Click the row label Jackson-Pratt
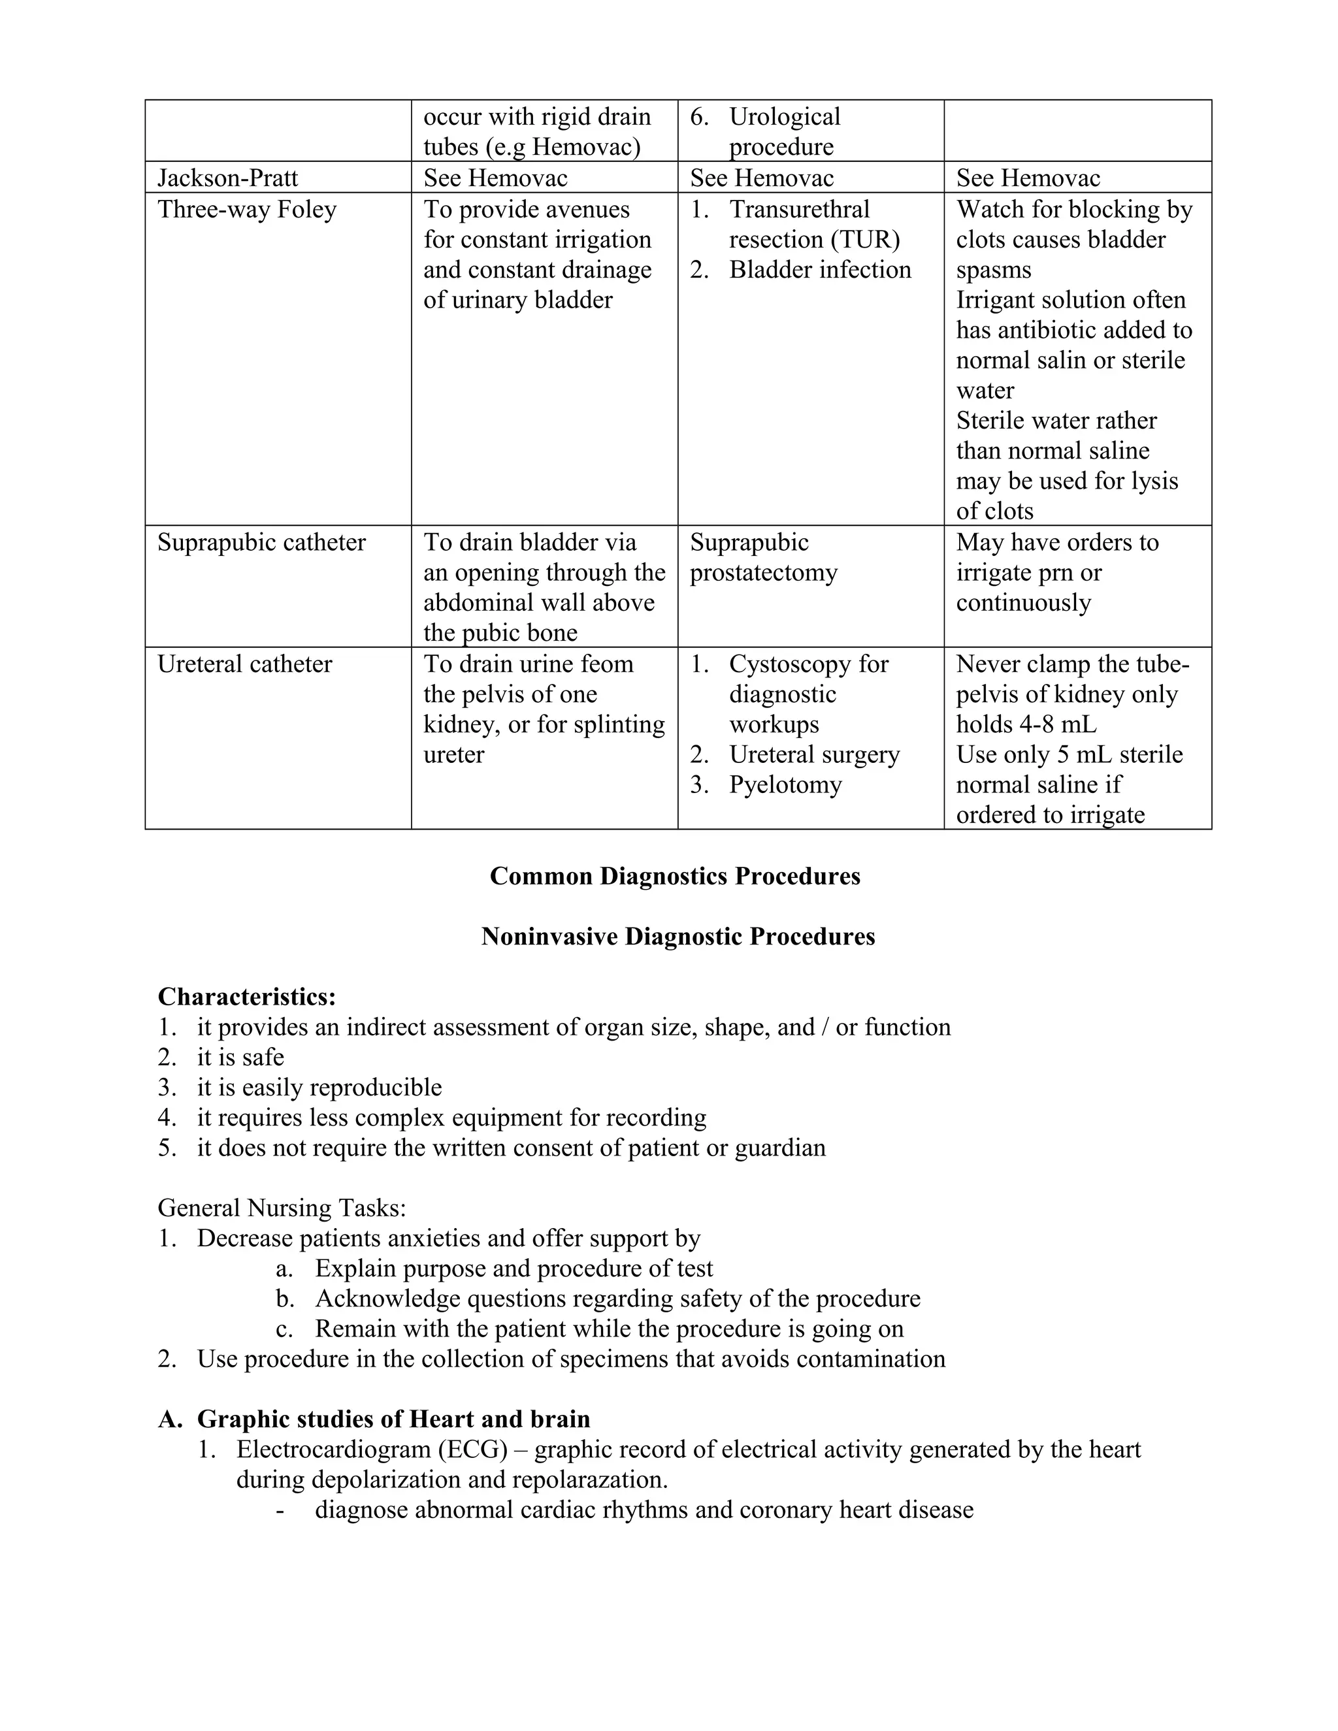[227, 178]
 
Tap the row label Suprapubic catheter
[261, 542]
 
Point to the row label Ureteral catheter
[244, 664]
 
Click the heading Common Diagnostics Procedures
[674, 876]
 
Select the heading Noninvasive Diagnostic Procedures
[677, 936]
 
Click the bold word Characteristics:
[246, 996]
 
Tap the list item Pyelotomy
[785, 785]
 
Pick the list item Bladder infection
[820, 270]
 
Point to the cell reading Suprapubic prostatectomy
[762, 557]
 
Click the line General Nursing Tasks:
[282, 1207]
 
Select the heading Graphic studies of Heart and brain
[393, 1419]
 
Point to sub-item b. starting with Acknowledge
[617, 1299]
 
